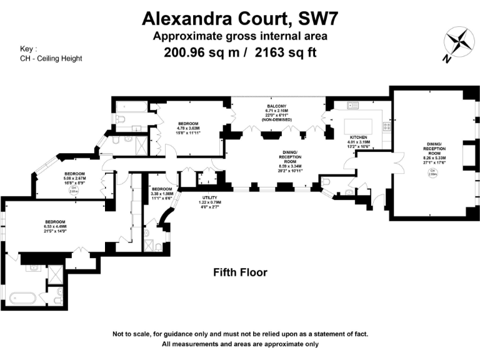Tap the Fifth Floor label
[x=240, y=272]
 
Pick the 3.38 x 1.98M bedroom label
[x=161, y=193]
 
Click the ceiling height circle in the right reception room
[x=433, y=174]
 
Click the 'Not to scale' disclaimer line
[x=240, y=334]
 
